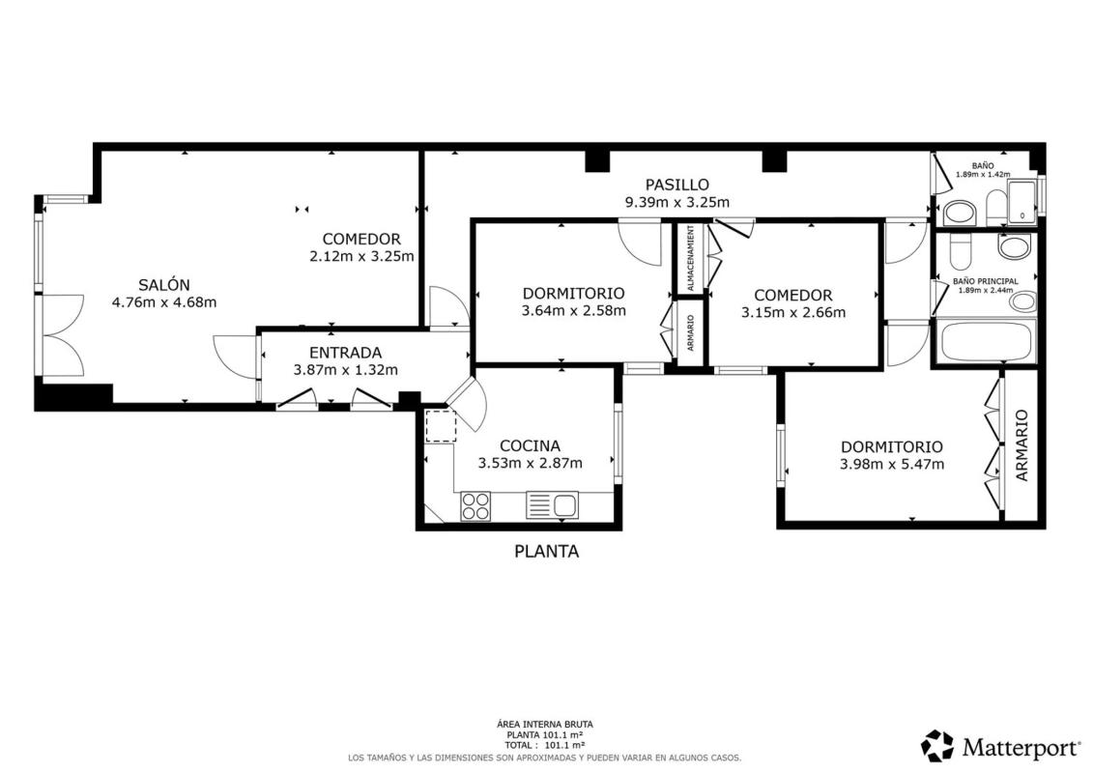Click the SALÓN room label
[x=164, y=285]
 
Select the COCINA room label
[x=530, y=446]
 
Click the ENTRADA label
[x=346, y=353]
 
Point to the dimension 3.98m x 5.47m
[x=892, y=465]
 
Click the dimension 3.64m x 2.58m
[x=574, y=311]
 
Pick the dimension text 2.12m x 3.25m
[x=361, y=256]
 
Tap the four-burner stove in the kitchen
[x=475, y=505]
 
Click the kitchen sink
[x=552, y=505]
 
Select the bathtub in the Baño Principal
[x=986, y=341]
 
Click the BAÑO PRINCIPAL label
[x=985, y=281]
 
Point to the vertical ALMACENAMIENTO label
[x=690, y=258]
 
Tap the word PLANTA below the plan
[x=547, y=552]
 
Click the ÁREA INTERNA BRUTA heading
[x=545, y=725]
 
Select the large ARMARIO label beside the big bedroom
[x=1021, y=445]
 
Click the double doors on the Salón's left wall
[x=63, y=335]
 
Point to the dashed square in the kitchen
[x=441, y=426]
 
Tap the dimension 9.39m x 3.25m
[x=676, y=203]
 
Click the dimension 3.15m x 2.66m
[x=793, y=313]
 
